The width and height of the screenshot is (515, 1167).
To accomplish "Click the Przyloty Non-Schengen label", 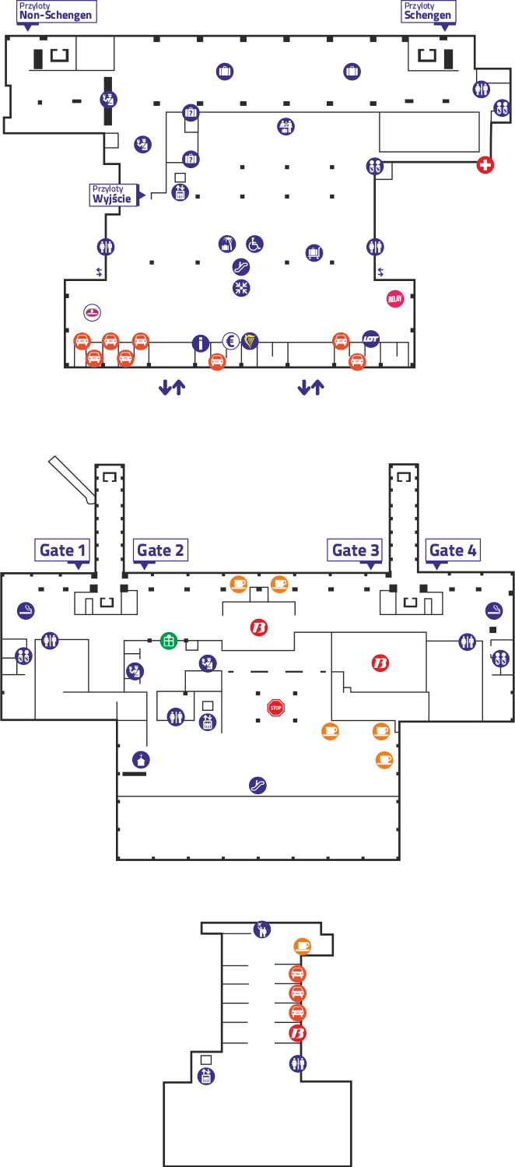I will pos(55,12).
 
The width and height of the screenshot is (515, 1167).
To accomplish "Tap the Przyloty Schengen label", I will pos(428,12).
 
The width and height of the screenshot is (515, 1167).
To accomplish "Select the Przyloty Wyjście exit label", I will pos(112,194).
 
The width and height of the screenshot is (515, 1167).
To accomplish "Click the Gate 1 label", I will pos(64,550).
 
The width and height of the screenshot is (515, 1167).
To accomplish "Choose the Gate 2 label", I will pos(160,550).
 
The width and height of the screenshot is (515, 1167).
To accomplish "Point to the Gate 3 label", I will pos(356,550).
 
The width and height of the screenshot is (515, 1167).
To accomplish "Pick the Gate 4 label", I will pos(453,550).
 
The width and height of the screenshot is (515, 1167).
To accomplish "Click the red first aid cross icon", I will pos(485,165).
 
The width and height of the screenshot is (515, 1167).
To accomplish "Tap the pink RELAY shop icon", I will pos(396,298).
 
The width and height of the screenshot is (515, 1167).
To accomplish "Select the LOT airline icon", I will pos(371,339).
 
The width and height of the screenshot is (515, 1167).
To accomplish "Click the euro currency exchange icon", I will pos(230,340).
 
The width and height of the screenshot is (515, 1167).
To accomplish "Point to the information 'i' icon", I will pos(201,343).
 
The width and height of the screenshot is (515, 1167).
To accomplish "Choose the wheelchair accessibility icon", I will pos(254,244).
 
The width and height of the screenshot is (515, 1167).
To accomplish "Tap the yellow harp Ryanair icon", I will pos(249,340).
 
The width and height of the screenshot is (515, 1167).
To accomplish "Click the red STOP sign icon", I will pos(275,708).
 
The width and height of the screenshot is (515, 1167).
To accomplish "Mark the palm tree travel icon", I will pos(226,244).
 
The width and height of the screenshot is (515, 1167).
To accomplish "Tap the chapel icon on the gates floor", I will pos(141,759).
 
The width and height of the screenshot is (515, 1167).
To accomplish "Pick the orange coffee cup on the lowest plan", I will pos(303,946).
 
